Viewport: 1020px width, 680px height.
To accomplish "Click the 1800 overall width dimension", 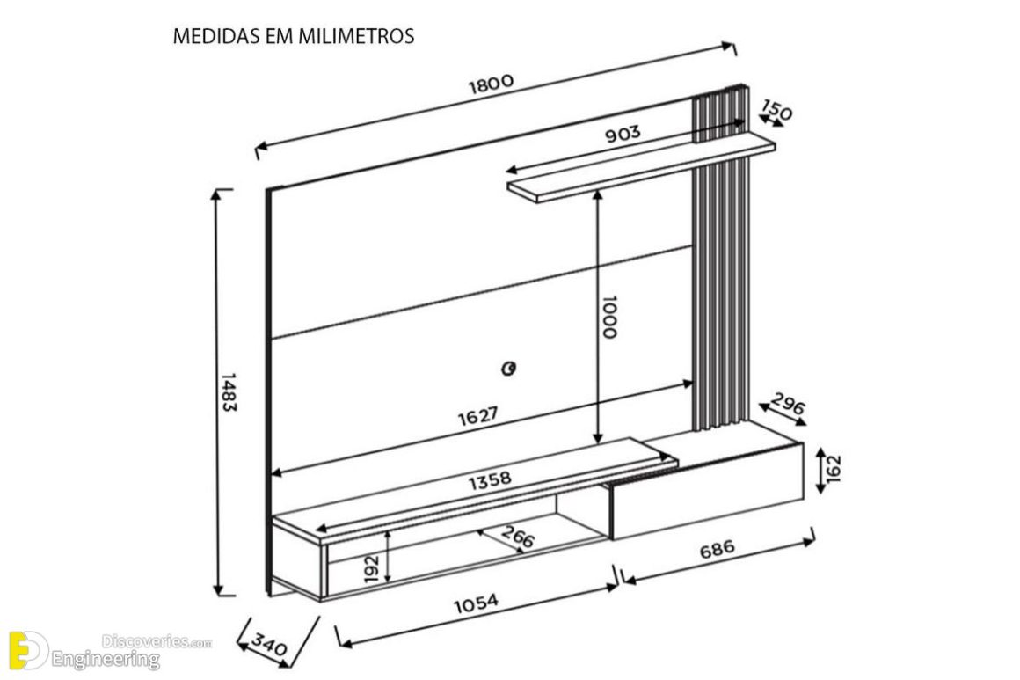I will (490, 84).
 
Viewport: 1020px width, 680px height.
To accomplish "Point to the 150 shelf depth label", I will (776, 112).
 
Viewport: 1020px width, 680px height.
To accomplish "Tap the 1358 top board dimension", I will (489, 481).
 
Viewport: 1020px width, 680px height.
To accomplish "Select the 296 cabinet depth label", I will (788, 406).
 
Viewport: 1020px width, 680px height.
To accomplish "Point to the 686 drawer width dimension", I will (717, 551).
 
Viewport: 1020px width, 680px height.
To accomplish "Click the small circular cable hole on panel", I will (507, 368).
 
